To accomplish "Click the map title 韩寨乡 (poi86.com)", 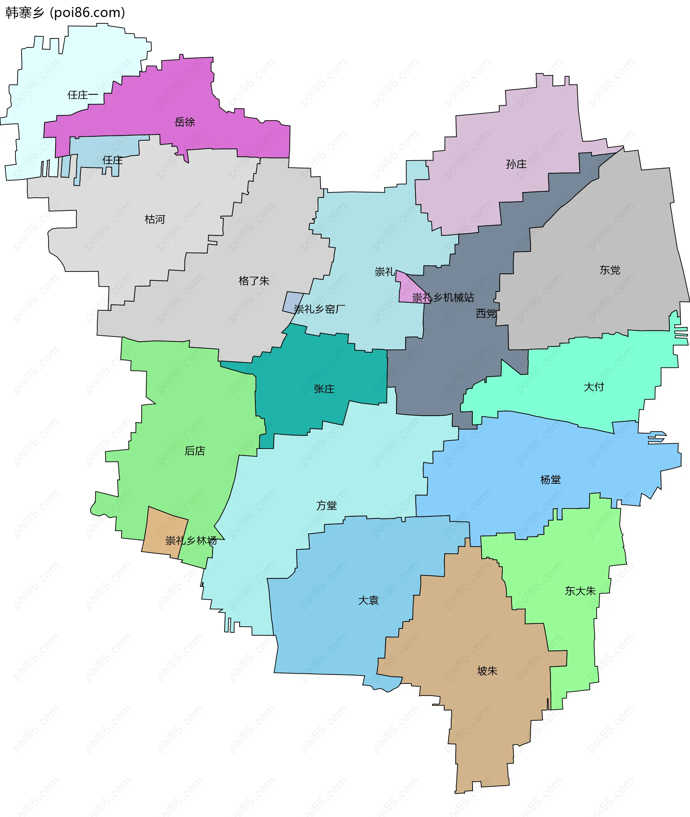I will click(65, 13).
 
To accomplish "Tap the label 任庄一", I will click(83, 95).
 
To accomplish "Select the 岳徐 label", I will click(185, 122).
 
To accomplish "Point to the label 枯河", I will click(155, 219).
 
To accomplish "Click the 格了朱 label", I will click(254, 281).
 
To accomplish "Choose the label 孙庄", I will click(516, 164).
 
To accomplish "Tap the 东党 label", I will click(609, 270).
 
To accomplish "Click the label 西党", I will click(486, 313).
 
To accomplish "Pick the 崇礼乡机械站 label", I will click(443, 297).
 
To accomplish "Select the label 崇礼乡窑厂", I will click(319, 309).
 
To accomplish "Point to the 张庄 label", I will click(324, 389).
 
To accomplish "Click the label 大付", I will click(594, 387).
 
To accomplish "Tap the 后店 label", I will click(195, 451).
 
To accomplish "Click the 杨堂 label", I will click(550, 480).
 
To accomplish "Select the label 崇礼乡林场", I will click(191, 540).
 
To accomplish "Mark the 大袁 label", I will click(368, 600).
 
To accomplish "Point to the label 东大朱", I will click(580, 591).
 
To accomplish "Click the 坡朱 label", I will click(487, 671).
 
